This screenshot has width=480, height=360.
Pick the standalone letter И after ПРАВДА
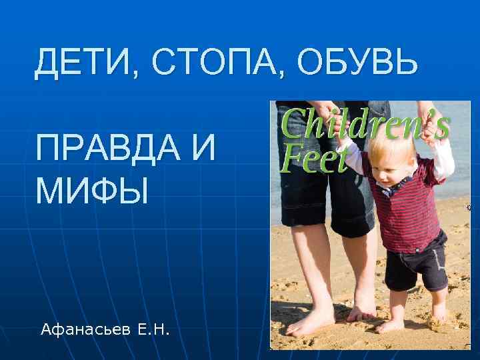point(203,148)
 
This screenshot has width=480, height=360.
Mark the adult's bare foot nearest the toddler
point(363,311)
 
